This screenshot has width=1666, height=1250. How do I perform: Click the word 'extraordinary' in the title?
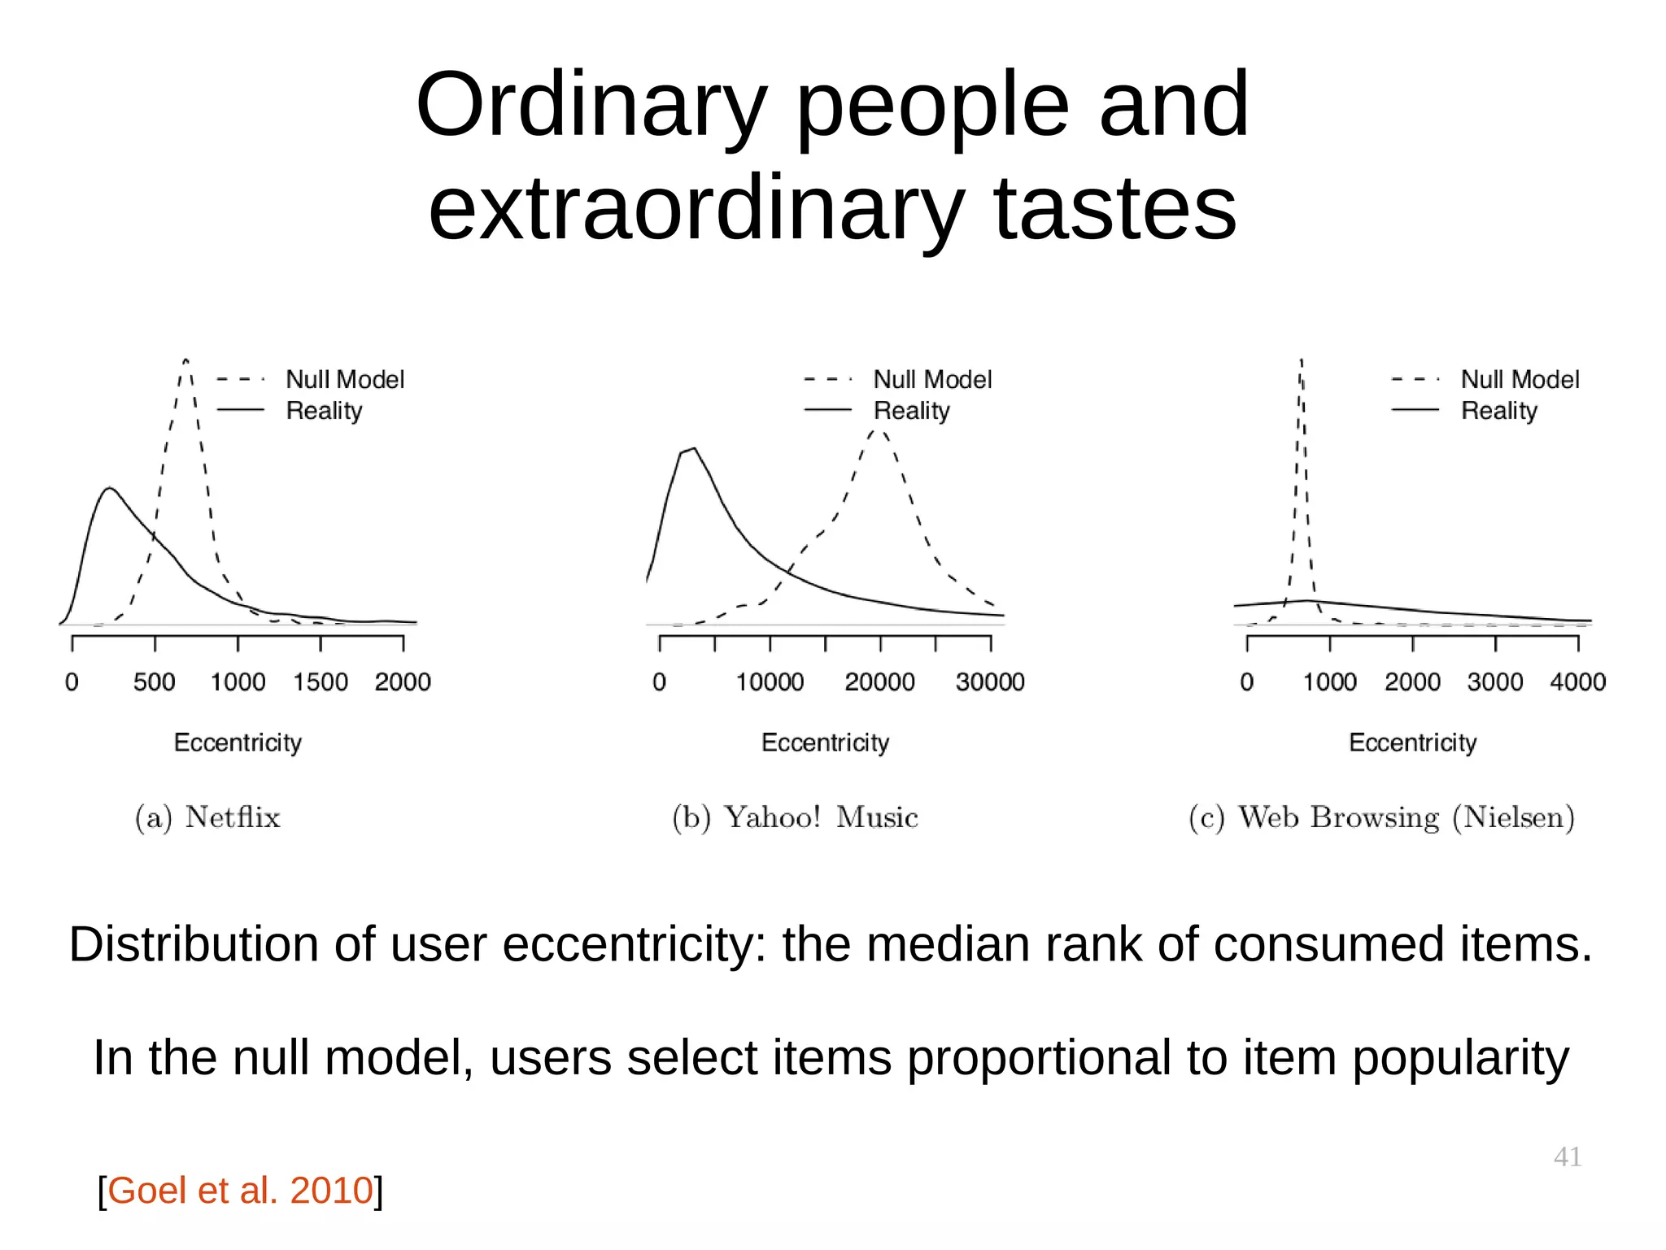(x=696, y=210)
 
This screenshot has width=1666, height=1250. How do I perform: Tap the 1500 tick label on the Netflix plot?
(x=321, y=682)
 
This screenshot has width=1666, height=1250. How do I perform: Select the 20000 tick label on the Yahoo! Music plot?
(x=879, y=682)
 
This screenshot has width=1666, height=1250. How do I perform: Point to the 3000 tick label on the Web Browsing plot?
(x=1495, y=682)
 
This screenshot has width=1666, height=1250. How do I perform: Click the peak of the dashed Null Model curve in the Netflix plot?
(x=186, y=360)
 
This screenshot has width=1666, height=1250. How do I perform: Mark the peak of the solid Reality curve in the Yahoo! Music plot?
(x=693, y=448)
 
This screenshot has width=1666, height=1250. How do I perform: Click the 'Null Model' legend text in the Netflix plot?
(x=345, y=379)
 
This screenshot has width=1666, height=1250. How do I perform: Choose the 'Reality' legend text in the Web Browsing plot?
(x=1499, y=411)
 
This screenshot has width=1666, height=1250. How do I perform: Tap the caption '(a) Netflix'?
(x=208, y=817)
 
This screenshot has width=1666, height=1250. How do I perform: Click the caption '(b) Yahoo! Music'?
(x=796, y=817)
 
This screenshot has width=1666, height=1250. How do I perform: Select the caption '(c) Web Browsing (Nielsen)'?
(x=1381, y=817)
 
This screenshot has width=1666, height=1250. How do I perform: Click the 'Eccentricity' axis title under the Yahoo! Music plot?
(x=825, y=743)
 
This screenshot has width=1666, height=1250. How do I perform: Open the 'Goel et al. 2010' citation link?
(x=240, y=1191)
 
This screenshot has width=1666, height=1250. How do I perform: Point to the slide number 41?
(x=1567, y=1156)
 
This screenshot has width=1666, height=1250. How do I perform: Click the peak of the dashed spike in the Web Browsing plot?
(x=1302, y=360)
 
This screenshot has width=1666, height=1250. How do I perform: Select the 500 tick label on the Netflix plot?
(x=155, y=682)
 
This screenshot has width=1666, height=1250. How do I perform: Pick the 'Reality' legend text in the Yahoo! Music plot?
(x=911, y=411)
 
